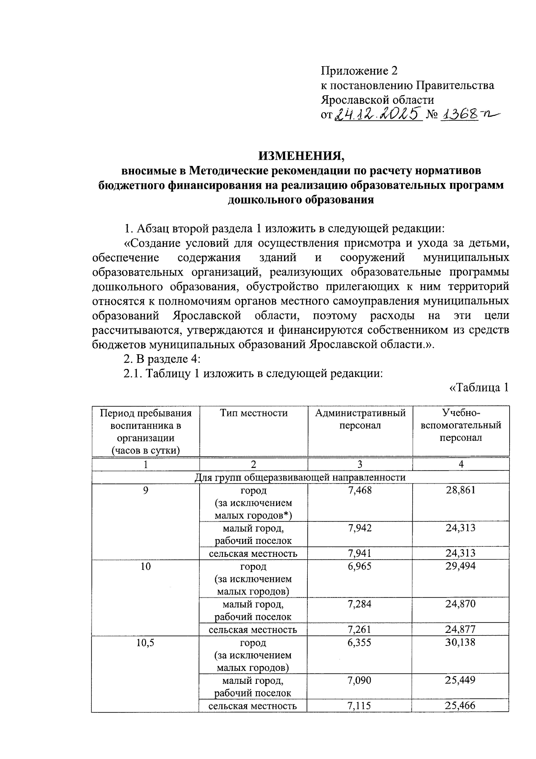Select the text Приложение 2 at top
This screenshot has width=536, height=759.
coord(359,71)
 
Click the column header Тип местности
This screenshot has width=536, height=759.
coord(253,413)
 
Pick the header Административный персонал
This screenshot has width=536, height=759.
coord(360,419)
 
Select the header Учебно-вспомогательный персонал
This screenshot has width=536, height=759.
coord(461,425)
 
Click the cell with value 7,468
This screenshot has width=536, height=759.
coord(360,490)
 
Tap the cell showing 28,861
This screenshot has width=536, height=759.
coord(461,490)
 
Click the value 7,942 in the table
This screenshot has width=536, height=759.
coord(360,528)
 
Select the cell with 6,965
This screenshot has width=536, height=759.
coord(360,566)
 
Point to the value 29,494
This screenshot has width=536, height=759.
coord(461,566)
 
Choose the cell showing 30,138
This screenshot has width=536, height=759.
coord(461,643)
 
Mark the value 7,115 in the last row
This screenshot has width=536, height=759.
coord(360,706)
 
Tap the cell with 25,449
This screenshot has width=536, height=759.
coord(461,680)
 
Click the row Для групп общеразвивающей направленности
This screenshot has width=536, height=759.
coord(300,477)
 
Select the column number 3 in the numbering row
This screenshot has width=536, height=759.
coord(360,464)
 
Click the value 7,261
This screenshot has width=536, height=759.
coord(360,630)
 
